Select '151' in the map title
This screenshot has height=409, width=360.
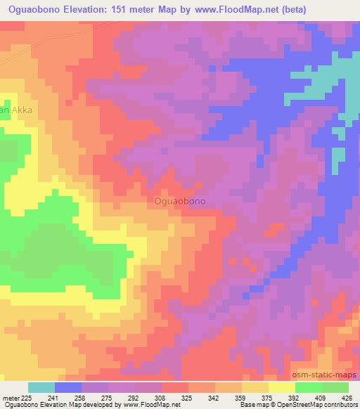coord(139,8)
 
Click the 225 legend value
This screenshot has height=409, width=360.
coord(27,398)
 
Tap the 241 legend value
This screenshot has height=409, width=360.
coord(55,398)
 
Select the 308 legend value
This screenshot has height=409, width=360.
coord(162,398)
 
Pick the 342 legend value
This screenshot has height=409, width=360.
coord(215,398)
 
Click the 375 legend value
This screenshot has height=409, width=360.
coord(269,398)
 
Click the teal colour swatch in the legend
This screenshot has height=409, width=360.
coord(41,387)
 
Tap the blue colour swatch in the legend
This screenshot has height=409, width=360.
coord(68,387)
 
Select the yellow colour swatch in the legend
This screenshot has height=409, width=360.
coord(282,387)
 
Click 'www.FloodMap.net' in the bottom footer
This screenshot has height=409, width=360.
coord(152,405)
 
